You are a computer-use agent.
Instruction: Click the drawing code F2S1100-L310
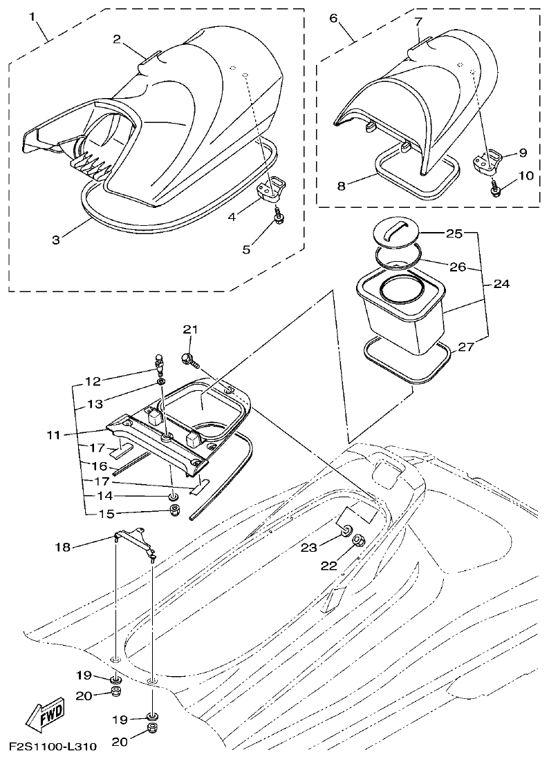point(53,747)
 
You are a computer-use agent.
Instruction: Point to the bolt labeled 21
point(189,358)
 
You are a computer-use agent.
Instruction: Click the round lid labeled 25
point(396,231)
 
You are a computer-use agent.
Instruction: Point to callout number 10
point(525,175)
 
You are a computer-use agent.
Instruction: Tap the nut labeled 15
point(175,512)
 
